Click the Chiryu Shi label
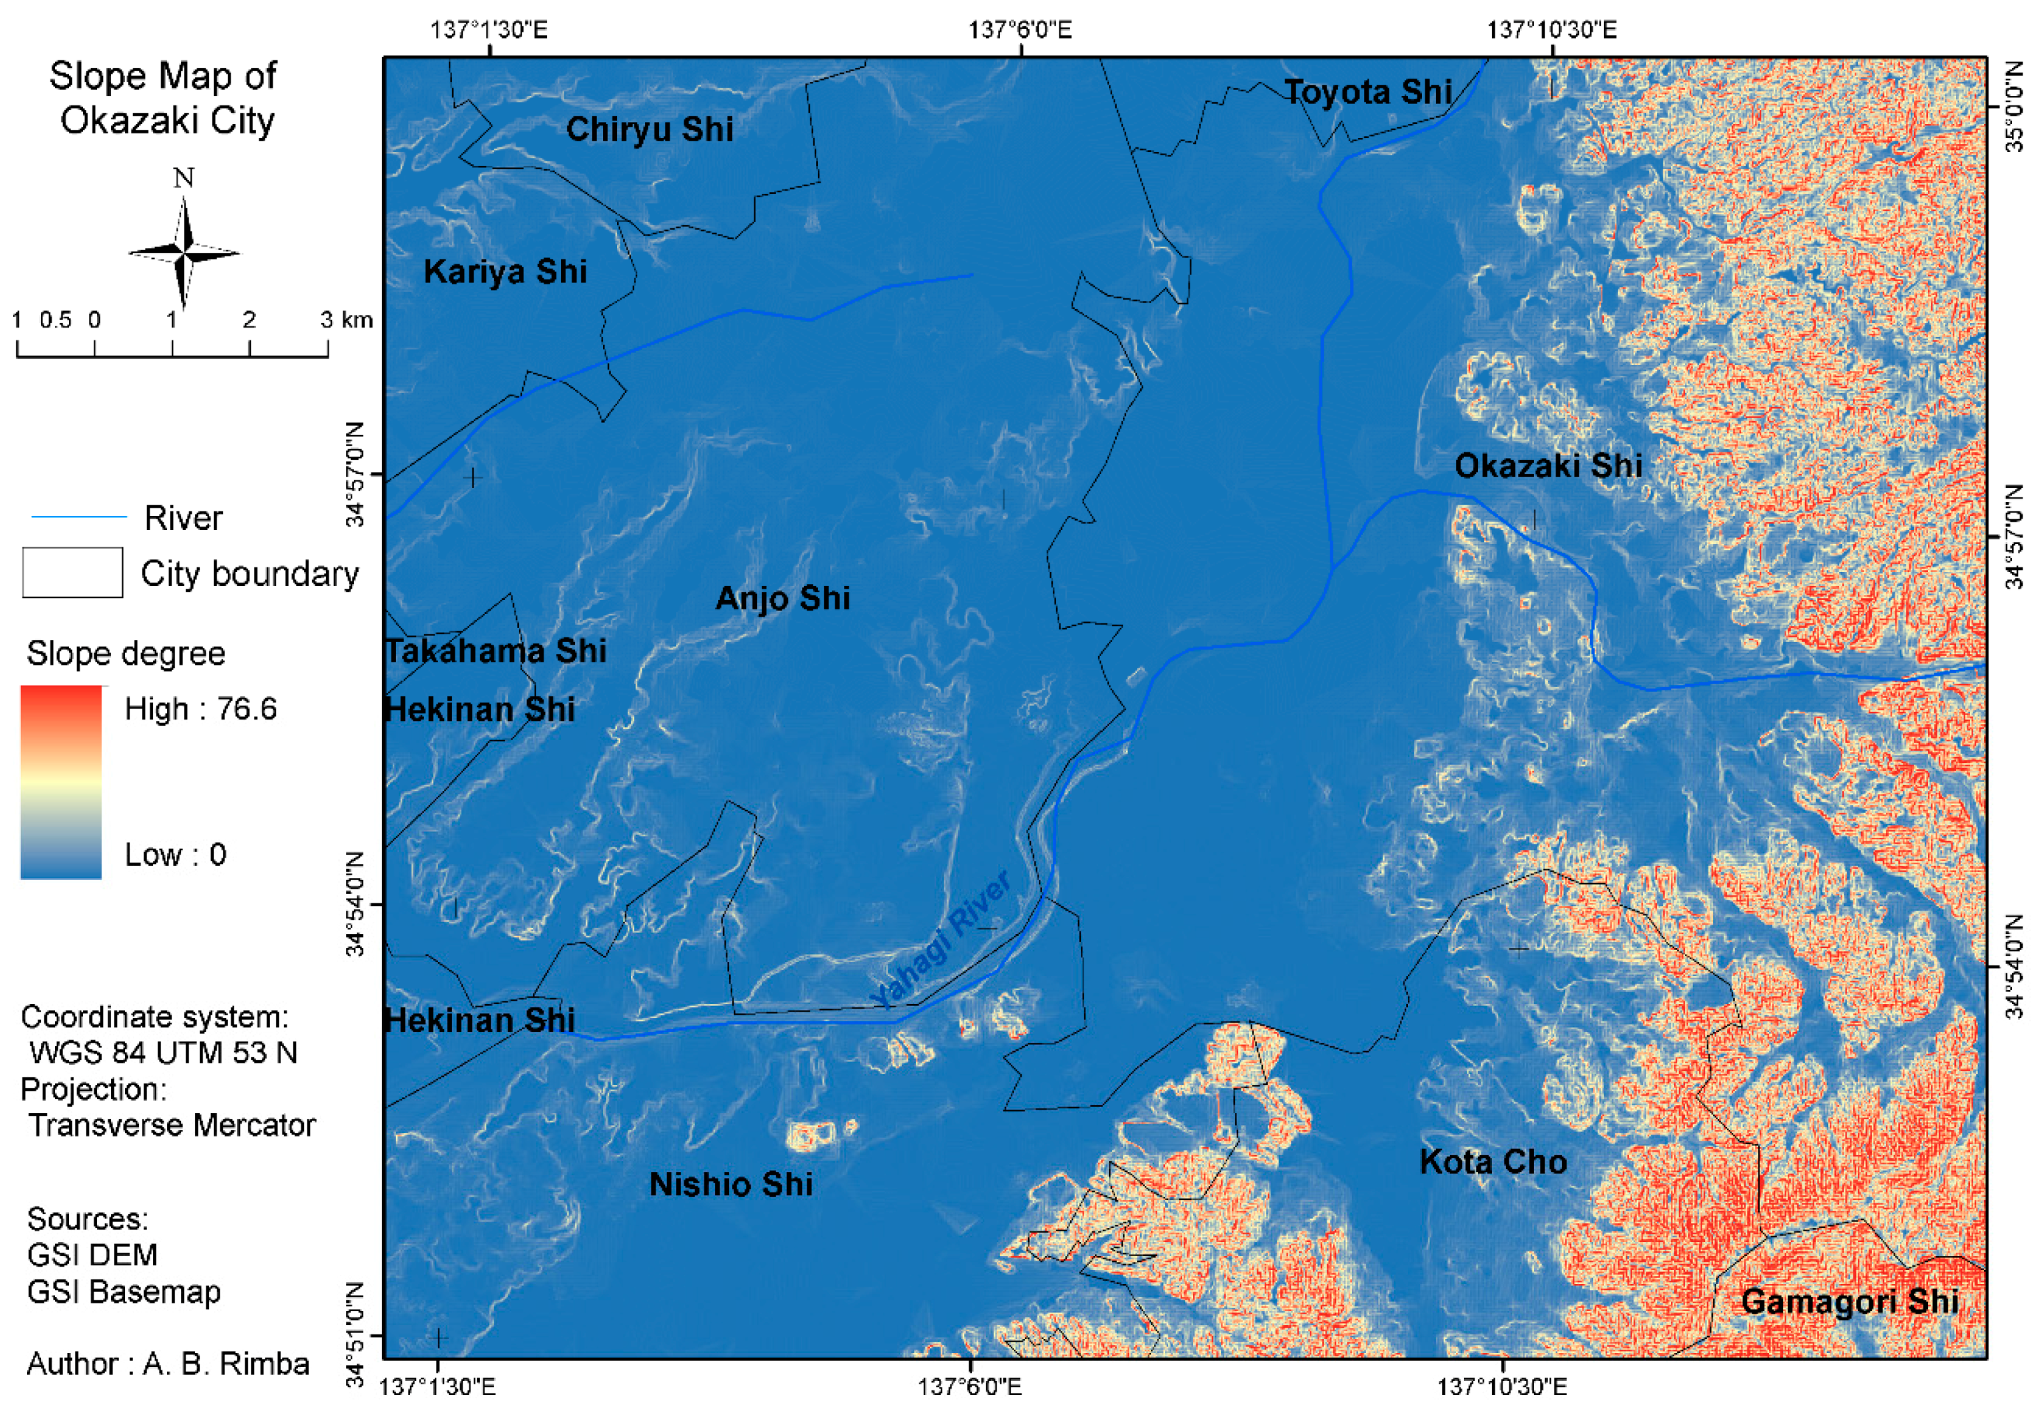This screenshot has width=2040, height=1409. (649, 130)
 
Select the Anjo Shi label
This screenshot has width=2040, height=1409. (782, 599)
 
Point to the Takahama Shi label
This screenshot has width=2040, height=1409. (496, 651)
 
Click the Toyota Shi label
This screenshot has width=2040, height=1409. (1368, 92)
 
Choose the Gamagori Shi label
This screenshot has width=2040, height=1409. (1850, 1302)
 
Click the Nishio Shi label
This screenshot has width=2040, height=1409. (731, 1185)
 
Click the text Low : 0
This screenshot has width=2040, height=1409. (175, 855)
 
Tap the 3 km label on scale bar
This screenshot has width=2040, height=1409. (346, 320)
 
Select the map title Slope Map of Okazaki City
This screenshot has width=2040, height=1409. (164, 98)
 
